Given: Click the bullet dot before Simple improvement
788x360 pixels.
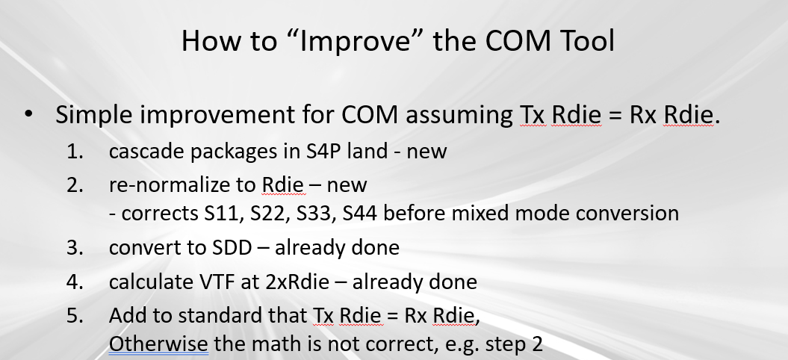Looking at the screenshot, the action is [x=28, y=114].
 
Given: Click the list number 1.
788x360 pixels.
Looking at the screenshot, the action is [x=75, y=152].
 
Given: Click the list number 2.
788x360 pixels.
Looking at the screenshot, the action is [x=75, y=185].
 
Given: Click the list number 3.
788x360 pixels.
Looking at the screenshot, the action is [x=75, y=247].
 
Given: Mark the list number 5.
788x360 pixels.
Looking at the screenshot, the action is [x=75, y=316].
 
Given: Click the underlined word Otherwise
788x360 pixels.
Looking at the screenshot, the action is [x=158, y=344].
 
